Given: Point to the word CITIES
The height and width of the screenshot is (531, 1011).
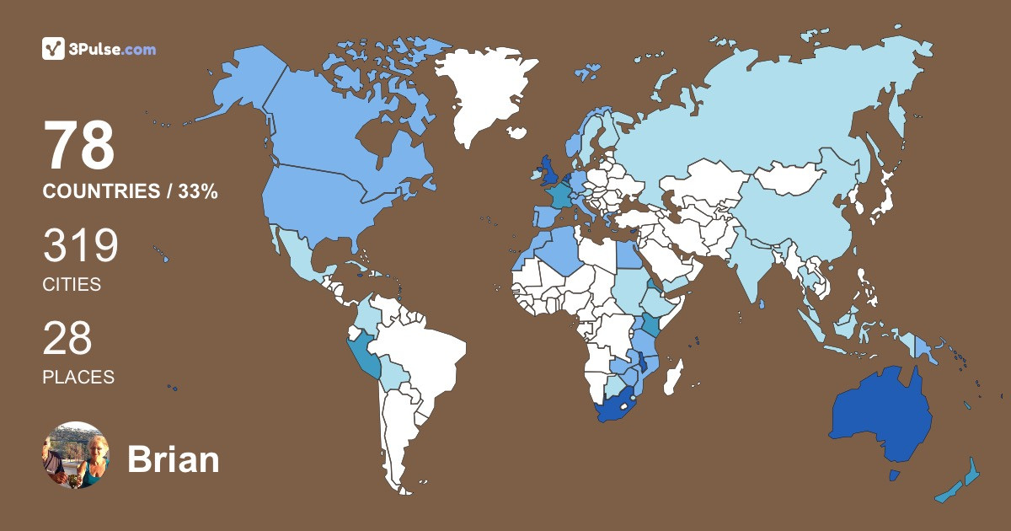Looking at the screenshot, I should pos(72,285).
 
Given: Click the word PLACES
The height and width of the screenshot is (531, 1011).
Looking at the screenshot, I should pos(78,378).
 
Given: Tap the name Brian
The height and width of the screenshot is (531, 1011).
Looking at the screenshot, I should pos(173,459).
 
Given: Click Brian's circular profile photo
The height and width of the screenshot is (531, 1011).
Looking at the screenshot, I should pos(76,455).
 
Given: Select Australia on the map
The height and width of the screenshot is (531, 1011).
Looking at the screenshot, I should pos(880,413).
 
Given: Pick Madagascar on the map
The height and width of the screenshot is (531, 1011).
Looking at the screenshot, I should pos(672,377).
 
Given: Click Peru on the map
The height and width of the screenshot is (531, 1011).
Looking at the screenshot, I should pos(364,354).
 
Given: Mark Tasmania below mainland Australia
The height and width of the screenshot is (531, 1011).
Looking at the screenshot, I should pos(894,476).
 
